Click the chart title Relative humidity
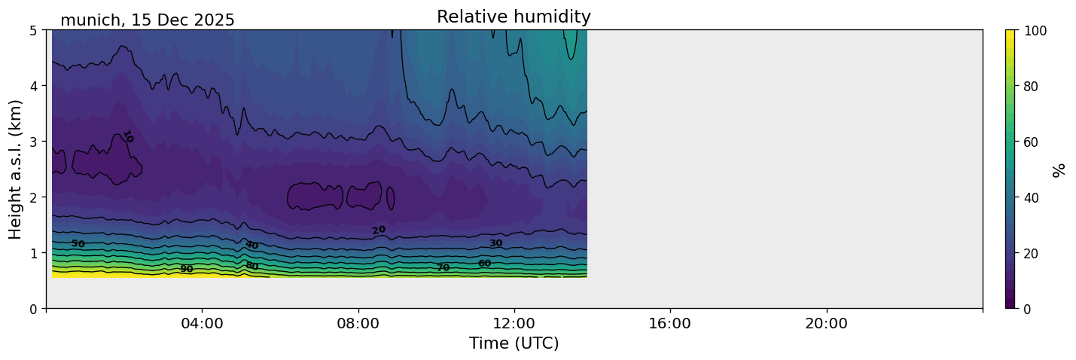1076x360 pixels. pyautogui.click(x=514, y=17)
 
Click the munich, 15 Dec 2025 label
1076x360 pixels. pyautogui.click(x=148, y=20)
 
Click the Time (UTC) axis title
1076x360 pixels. pyautogui.click(x=514, y=343)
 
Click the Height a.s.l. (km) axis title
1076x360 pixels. pyautogui.click(x=16, y=169)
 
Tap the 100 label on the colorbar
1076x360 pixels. pyautogui.click(x=1035, y=31)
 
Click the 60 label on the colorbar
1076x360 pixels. pyautogui.click(x=1032, y=142)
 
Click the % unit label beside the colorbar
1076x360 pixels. pyautogui.click(x=1059, y=169)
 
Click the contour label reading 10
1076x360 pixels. pyautogui.click(x=127, y=136)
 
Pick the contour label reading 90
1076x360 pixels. pyautogui.click(x=186, y=269)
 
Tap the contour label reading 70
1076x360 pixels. pyautogui.click(x=443, y=267)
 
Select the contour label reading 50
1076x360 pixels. pyautogui.click(x=78, y=243)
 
